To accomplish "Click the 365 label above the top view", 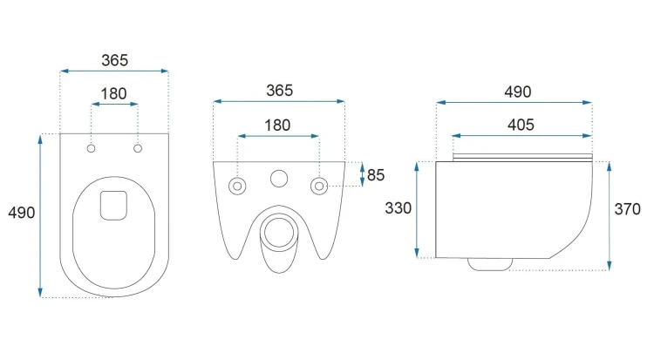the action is (115, 60).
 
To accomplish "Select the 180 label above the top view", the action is (114, 94).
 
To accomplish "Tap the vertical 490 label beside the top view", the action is (21, 213).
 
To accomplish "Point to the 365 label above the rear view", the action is (279, 91).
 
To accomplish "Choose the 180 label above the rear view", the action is (277, 126).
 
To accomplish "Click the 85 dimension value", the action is (376, 175).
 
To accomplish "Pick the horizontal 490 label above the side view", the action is (518, 92).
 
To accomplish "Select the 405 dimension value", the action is (521, 125).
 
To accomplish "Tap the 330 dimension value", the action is (398, 208).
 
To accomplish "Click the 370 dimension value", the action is (627, 209).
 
